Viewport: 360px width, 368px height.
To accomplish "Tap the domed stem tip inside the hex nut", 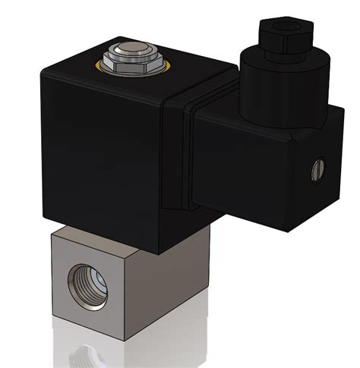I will pos(129,54).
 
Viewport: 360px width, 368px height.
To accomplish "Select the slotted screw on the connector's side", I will pos(319,168).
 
